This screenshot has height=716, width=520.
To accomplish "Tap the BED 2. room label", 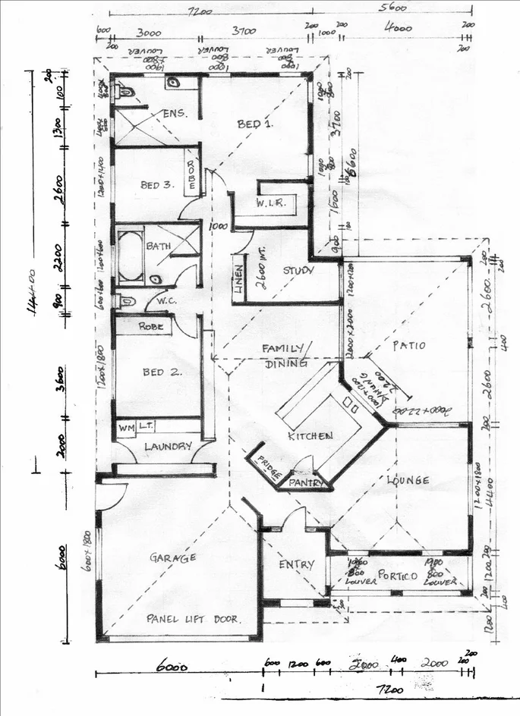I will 159,372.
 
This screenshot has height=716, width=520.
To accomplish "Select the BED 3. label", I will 157,185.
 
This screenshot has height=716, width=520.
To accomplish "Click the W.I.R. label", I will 269,203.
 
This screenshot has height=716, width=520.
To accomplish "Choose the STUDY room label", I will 299,270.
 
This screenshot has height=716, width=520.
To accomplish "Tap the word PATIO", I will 408,346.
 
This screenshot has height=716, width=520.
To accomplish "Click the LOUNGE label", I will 408,480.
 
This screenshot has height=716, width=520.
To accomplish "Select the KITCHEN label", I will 310,436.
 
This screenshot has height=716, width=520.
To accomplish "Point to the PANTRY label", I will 307,482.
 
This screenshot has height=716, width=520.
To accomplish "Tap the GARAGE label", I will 173,557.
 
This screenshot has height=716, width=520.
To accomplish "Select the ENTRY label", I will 296,564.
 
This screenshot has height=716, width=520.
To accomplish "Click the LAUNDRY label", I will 168,447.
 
